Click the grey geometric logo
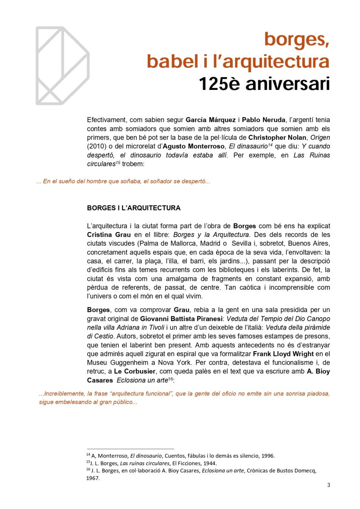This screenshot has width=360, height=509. click(x=62, y=65)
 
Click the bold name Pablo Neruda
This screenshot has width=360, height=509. click(x=261, y=120)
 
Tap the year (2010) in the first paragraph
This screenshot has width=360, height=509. click(x=96, y=146)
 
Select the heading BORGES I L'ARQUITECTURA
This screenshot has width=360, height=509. click(x=133, y=208)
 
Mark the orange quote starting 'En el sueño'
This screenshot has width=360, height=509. click(x=123, y=182)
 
